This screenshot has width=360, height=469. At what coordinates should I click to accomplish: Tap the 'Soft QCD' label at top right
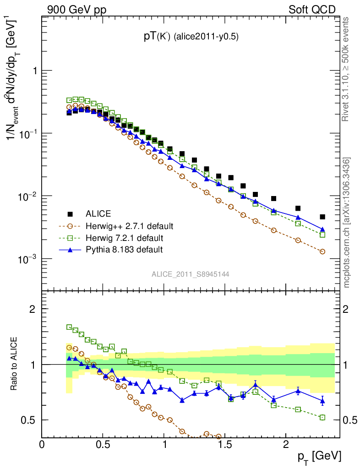point(312,10)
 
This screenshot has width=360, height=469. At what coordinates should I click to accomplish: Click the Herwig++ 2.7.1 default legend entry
point(129,226)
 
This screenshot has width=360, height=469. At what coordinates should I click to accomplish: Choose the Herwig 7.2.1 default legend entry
point(125,238)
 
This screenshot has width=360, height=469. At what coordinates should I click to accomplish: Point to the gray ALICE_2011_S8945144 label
point(191,274)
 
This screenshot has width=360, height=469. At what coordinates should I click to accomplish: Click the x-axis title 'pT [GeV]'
point(319,456)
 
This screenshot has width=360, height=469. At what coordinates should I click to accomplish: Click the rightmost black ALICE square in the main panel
point(322,217)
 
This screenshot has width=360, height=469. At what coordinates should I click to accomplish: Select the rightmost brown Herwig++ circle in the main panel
point(322,251)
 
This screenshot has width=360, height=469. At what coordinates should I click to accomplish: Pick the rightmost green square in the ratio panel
point(322,417)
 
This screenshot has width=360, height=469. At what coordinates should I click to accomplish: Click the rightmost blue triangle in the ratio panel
point(322,401)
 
